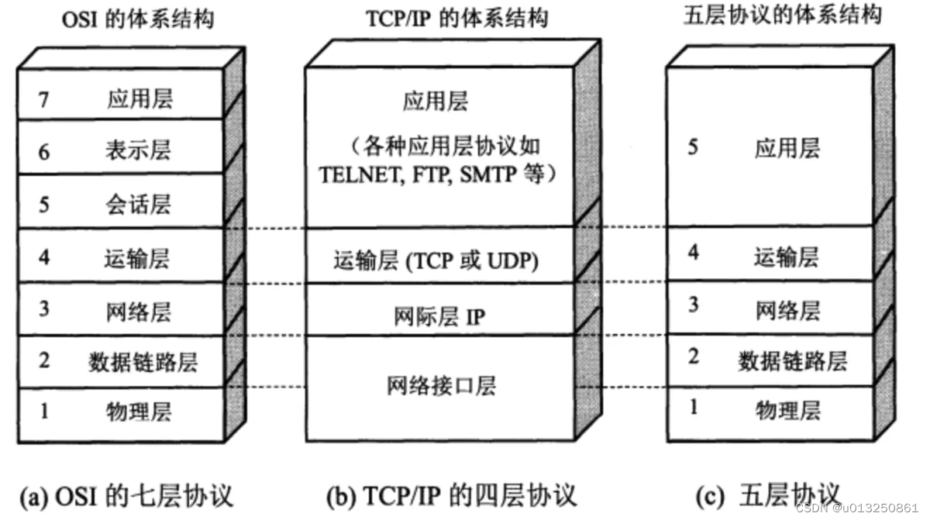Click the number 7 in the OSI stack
[x=43, y=98]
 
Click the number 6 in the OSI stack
[x=43, y=152]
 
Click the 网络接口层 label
[x=441, y=384]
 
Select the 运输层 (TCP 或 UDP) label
[x=436, y=260]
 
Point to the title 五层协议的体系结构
[x=783, y=16]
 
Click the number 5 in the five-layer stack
[x=693, y=147]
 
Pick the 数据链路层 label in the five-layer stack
[x=791, y=360]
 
